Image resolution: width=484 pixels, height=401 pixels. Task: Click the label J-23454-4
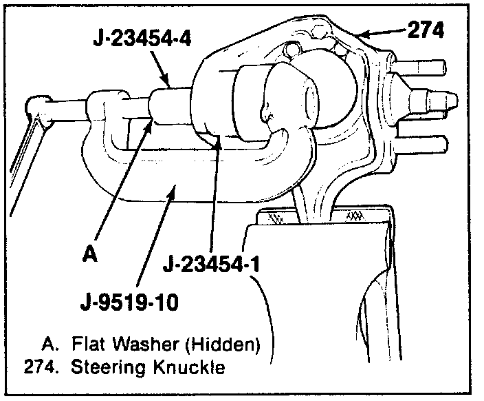[x=142, y=39]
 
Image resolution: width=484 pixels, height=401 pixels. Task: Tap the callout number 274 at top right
[x=426, y=30]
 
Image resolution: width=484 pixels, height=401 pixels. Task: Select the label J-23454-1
[x=211, y=264]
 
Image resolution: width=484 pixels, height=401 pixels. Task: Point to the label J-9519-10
[x=129, y=302]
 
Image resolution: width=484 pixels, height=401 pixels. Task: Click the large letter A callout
[x=90, y=254]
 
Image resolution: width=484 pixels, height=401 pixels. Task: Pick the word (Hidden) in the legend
[x=223, y=345]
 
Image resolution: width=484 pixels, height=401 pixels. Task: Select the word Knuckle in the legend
[x=189, y=367]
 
